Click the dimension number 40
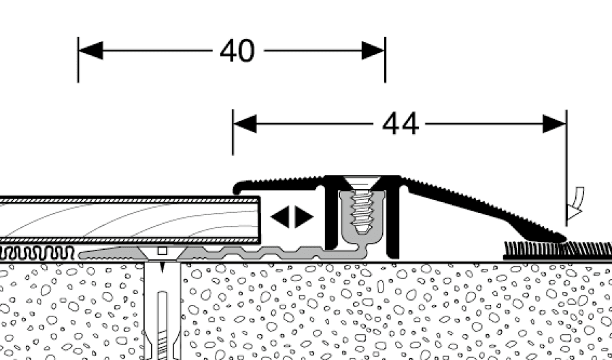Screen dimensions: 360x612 tap(237, 51)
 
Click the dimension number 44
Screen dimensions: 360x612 tap(401, 125)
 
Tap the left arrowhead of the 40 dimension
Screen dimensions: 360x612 tap(90, 50)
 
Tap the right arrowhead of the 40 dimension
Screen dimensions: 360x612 tap(373, 50)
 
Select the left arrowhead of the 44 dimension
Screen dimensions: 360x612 tap(245, 124)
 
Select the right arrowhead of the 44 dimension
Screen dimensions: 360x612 tap(554, 124)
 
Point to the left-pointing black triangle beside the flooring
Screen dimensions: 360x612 tap(279, 217)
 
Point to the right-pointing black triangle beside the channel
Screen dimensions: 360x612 tap(305, 217)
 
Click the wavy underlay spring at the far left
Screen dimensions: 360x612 tap(37, 254)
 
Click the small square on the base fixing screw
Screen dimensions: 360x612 tap(162, 251)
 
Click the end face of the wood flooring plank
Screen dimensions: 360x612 tap(260, 219)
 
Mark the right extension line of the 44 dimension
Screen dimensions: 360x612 tap(566, 170)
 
